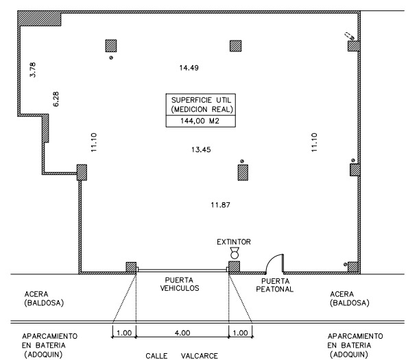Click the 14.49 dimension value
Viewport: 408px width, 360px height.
pyautogui.click(x=189, y=68)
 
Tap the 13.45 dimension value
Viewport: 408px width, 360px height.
pyautogui.click(x=201, y=149)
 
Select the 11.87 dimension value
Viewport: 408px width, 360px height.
pyautogui.click(x=220, y=205)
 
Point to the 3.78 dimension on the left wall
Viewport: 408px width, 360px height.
pyautogui.click(x=33, y=70)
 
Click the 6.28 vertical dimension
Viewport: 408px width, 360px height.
pyautogui.click(x=56, y=99)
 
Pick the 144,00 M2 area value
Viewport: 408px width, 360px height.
pyautogui.click(x=200, y=121)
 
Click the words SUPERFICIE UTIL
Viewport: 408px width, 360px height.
pyautogui.click(x=201, y=100)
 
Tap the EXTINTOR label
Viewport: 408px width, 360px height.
pyautogui.click(x=234, y=242)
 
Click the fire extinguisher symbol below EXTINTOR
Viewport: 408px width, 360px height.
pyautogui.click(x=235, y=253)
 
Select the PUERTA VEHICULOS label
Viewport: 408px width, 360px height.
pyautogui.click(x=179, y=284)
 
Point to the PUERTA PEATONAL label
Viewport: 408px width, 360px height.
pyautogui.click(x=275, y=285)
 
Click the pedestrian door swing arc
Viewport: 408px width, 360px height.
pyautogui.click(x=271, y=259)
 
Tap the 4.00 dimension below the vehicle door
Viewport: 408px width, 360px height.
pyautogui.click(x=182, y=333)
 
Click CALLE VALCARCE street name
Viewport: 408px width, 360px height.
pyautogui.click(x=182, y=356)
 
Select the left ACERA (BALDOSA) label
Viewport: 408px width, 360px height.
pyautogui.click(x=44, y=298)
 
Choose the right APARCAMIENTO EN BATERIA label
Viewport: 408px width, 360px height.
pyautogui.click(x=355, y=345)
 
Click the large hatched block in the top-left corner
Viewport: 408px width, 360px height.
pyautogui.click(x=39, y=19)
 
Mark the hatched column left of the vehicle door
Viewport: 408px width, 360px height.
pyautogui.click(x=131, y=267)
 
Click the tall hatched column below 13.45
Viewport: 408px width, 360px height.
pyautogui.click(x=243, y=172)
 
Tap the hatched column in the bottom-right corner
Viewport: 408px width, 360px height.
pyautogui.click(x=354, y=267)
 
